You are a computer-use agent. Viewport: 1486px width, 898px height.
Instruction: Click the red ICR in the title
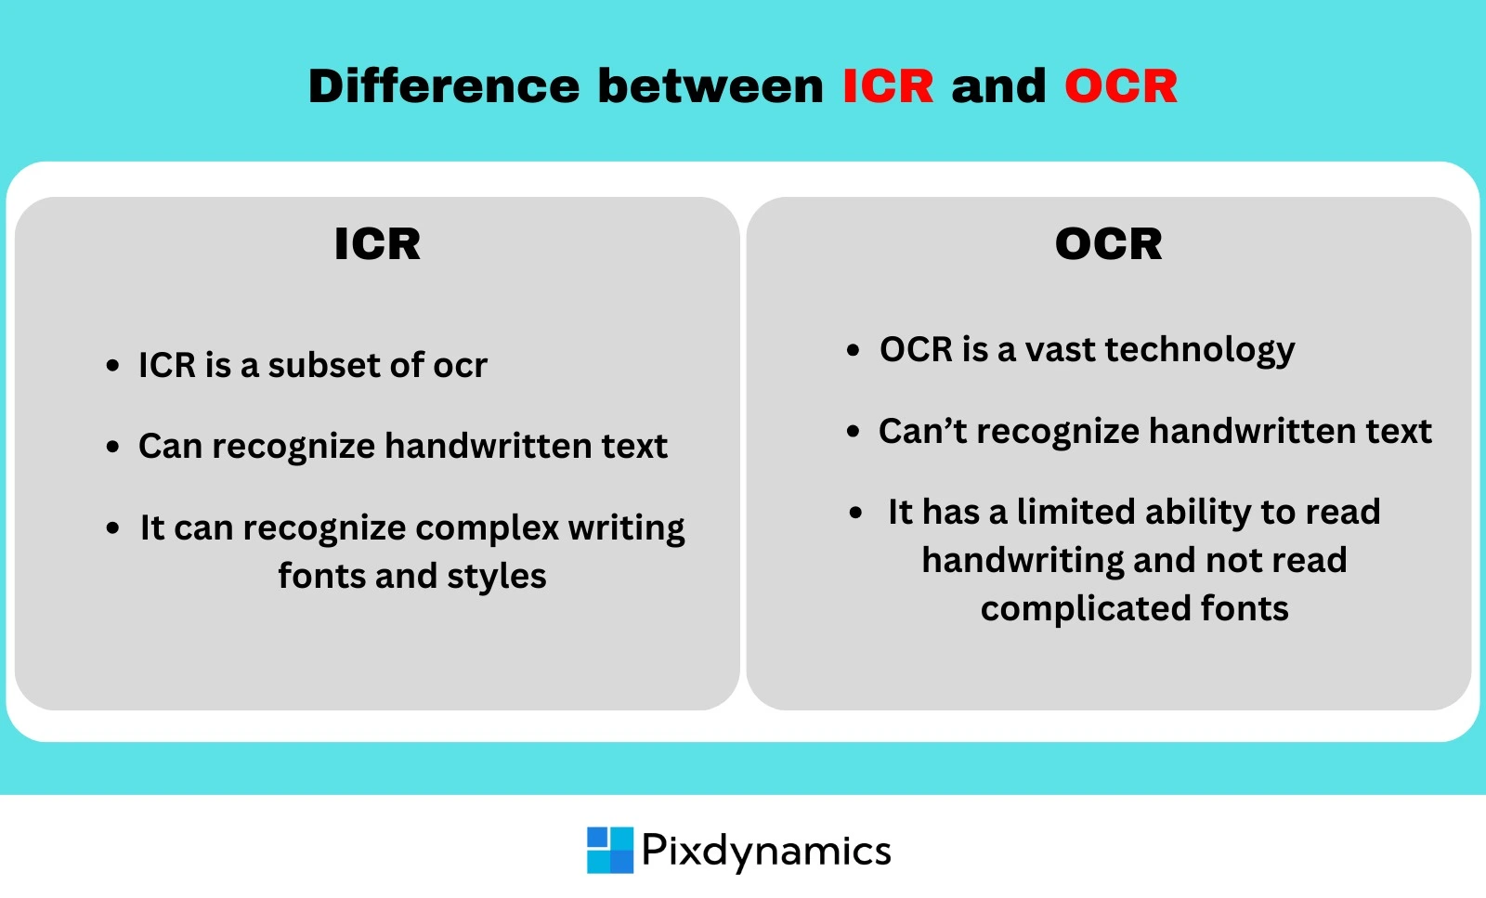(887, 86)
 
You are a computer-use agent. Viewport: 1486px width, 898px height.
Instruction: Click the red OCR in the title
(1120, 86)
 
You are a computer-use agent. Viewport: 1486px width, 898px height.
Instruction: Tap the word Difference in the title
(444, 86)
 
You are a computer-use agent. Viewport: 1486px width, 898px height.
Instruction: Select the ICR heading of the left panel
(377, 244)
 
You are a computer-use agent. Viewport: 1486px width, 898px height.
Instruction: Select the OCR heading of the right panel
(1108, 244)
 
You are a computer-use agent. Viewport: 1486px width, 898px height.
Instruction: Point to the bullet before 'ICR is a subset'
(112, 366)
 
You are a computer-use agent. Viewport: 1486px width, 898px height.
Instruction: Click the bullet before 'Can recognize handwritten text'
(112, 447)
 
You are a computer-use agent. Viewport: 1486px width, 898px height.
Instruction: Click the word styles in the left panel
(496, 577)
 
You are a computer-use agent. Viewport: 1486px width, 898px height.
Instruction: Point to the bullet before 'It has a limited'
(856, 513)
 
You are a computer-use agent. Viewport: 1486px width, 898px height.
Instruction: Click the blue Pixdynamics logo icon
(609, 850)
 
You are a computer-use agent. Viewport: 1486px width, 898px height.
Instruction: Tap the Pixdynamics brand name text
(766, 850)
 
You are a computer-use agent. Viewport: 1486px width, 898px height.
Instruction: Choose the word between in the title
(710, 86)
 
